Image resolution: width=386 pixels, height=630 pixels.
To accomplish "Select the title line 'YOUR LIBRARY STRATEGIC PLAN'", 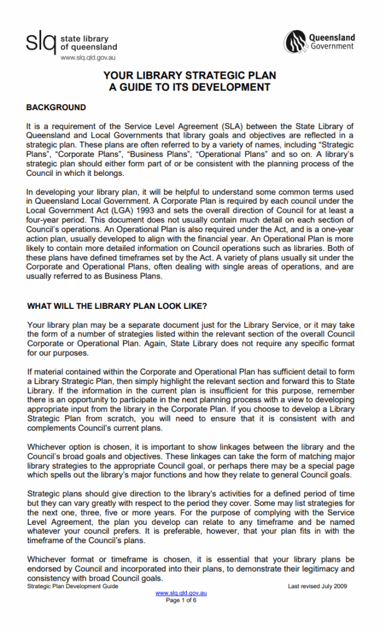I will (189, 76).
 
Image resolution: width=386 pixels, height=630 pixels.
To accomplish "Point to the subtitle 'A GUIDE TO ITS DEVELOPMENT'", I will (189, 87).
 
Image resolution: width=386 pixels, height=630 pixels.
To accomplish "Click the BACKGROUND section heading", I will (56, 107).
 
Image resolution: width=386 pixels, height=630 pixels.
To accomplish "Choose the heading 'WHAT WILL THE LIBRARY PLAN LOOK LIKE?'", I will (117, 306).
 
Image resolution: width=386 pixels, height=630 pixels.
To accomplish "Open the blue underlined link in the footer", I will (181, 593).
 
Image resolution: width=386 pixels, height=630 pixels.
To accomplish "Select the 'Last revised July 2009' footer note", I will (317, 586).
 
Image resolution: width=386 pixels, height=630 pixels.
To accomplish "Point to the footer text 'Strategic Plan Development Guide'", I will (73, 586).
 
